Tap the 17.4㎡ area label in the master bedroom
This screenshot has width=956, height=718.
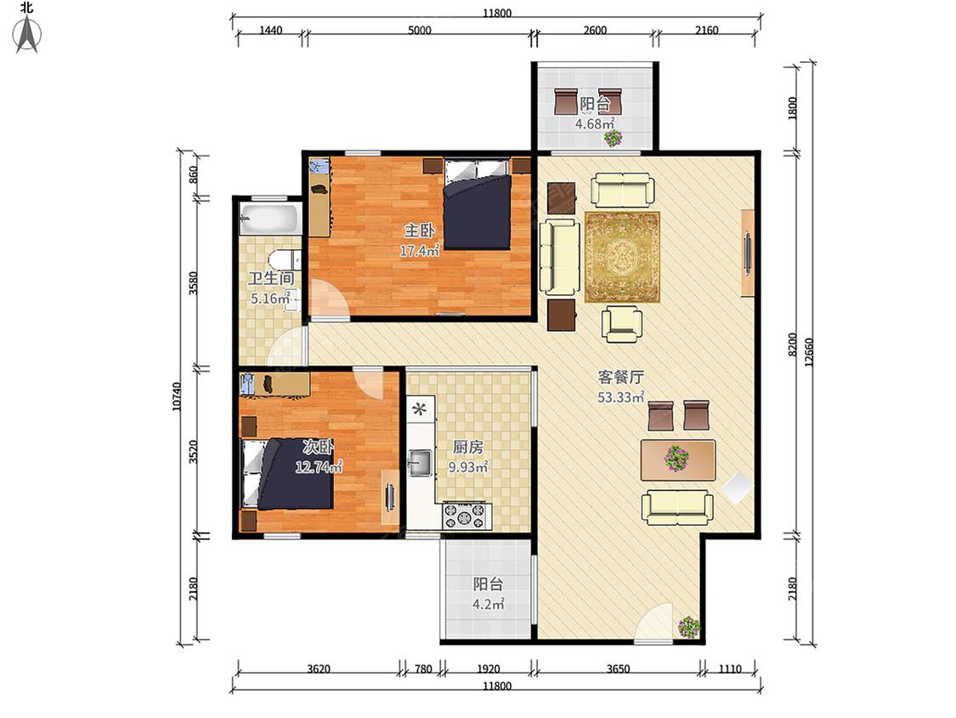point(420,250)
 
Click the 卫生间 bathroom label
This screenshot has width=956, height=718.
point(271,278)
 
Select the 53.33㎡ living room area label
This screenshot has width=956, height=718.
point(620,397)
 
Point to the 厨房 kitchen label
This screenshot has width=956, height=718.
point(467,447)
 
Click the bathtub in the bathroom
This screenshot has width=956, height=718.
point(269,219)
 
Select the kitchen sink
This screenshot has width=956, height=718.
point(421,462)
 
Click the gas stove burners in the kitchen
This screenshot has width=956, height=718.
point(467,516)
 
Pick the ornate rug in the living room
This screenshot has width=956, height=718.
point(622,256)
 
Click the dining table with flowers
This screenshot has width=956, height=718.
point(678,459)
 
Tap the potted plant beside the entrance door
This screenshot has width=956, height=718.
point(689,627)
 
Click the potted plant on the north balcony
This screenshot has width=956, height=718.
point(612,138)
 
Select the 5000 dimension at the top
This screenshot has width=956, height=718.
point(420,30)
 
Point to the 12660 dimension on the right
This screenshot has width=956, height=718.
point(809,351)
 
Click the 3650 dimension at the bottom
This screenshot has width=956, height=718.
point(618,669)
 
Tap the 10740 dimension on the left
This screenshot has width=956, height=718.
point(177,396)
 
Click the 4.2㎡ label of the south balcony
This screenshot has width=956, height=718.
point(488,605)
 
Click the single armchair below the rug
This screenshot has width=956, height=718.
point(622,323)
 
